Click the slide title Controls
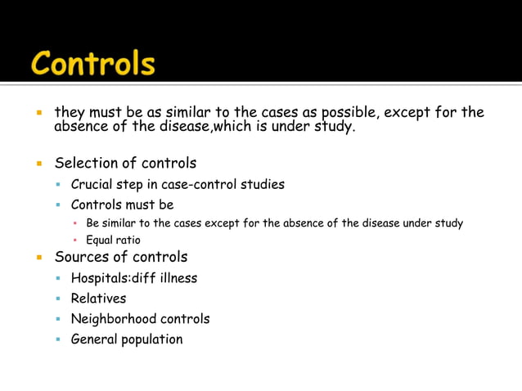coord(92,63)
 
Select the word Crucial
coord(92,184)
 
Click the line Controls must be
coord(122,204)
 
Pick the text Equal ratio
coord(113,240)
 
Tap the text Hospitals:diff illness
coord(133,278)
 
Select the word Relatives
coord(98,299)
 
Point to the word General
coord(94,339)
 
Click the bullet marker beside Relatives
coord(59,299)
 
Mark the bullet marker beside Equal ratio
coord(75,241)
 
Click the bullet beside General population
coord(59,339)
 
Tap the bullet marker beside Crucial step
coord(59,185)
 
